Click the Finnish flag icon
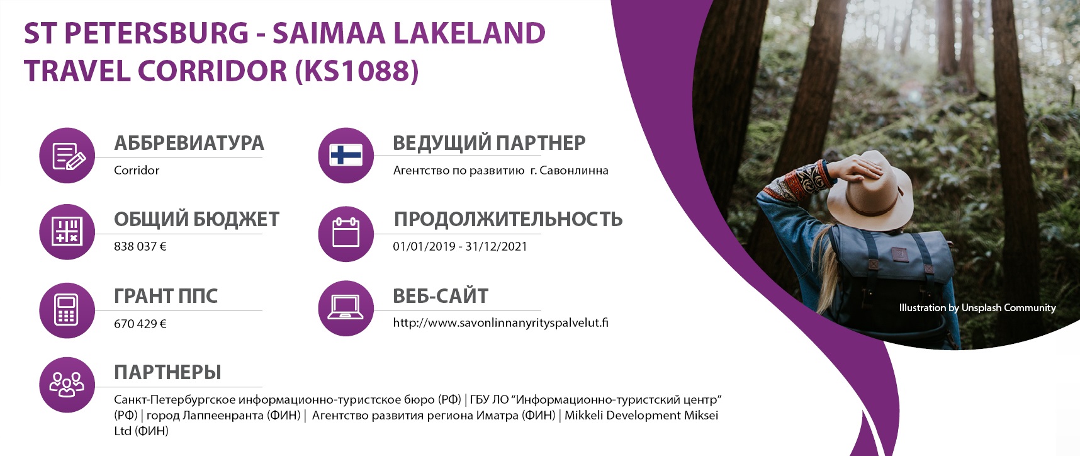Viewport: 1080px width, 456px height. [x=346, y=155]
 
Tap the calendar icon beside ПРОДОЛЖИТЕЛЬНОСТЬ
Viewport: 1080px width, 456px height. [x=346, y=232]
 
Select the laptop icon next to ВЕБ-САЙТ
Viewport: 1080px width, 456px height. [x=346, y=307]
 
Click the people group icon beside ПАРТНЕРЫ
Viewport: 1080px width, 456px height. [x=67, y=384]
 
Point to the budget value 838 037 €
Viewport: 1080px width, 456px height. [x=140, y=246]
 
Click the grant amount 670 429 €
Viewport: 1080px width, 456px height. [x=140, y=324]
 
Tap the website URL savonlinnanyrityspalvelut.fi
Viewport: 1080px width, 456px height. [x=500, y=323]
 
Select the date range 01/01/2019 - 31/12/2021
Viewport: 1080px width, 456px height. [x=460, y=246]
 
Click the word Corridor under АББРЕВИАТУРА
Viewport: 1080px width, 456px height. [x=137, y=170]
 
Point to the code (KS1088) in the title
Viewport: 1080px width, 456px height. [x=357, y=71]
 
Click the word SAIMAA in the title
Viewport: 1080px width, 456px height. [x=329, y=33]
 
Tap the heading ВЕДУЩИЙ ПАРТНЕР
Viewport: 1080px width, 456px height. [x=489, y=143]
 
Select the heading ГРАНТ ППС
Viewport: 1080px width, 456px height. [x=166, y=296]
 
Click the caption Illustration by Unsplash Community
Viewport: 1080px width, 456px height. [x=977, y=307]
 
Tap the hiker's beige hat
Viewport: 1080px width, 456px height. [x=869, y=195]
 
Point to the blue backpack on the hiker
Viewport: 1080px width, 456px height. [x=894, y=277]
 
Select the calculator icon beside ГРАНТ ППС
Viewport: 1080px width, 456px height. [x=67, y=309]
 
